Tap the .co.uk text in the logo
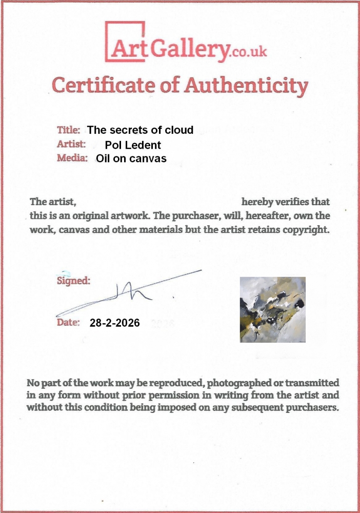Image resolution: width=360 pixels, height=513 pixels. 249,52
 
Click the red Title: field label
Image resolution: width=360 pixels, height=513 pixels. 69,130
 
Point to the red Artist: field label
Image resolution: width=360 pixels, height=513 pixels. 71,144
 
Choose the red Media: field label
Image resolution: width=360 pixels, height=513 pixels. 72,158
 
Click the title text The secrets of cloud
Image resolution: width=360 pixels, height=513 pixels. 141,130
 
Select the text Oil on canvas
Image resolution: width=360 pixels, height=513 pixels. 131,159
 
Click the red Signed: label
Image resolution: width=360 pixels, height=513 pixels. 73,281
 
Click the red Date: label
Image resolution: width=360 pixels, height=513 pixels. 68,323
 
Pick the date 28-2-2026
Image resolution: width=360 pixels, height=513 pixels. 114,323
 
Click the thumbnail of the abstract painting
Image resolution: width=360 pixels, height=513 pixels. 273,309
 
